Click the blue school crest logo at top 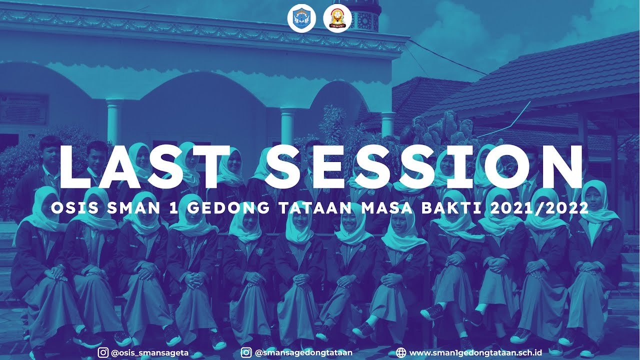(301, 18)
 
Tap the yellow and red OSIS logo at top (337, 18)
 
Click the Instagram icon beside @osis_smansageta (103, 352)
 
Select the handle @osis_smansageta (149, 352)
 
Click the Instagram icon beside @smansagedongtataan (246, 352)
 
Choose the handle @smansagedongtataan (303, 352)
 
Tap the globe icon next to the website (400, 352)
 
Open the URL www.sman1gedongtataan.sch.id (475, 352)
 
